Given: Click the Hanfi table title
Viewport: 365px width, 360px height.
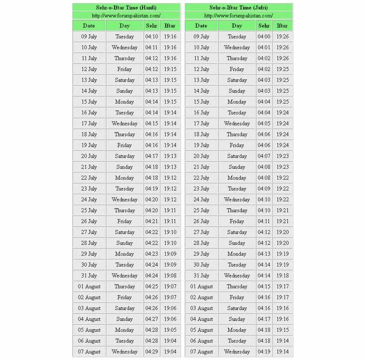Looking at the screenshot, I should [126, 7].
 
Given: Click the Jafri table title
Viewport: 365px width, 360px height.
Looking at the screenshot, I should [239, 7].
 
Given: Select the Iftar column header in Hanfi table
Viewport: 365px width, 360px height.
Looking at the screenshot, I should [170, 26].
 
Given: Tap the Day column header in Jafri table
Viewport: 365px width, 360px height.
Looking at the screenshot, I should [237, 26].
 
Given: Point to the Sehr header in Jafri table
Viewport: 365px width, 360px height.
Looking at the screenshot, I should [264, 26].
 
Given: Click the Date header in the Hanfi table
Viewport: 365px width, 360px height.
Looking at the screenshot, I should [89, 26].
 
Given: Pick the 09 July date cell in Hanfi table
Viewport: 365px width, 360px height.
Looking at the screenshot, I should [89, 37].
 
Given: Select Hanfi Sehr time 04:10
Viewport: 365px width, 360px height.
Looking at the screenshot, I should [151, 37].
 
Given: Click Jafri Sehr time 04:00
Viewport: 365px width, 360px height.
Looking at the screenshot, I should [264, 37].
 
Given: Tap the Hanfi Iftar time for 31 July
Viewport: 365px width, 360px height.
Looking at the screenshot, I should [170, 276].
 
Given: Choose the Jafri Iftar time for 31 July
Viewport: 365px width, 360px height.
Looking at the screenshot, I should [283, 276].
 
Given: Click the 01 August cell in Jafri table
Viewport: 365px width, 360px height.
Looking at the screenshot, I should [201, 287].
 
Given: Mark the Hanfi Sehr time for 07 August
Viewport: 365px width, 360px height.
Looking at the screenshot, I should [151, 352].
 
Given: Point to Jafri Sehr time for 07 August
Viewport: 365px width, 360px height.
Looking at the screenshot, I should [264, 352].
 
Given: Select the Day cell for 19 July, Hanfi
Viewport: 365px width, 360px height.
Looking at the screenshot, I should [124, 145].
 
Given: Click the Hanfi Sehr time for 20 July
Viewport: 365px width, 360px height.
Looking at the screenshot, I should [151, 156].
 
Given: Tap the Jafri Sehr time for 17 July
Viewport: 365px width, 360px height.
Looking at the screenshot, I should [264, 123].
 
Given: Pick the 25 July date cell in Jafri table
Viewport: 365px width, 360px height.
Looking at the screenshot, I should [201, 210].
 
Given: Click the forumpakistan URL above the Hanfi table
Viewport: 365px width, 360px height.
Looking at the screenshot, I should [126, 16].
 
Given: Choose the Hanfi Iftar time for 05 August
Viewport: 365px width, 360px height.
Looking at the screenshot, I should [170, 330].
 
